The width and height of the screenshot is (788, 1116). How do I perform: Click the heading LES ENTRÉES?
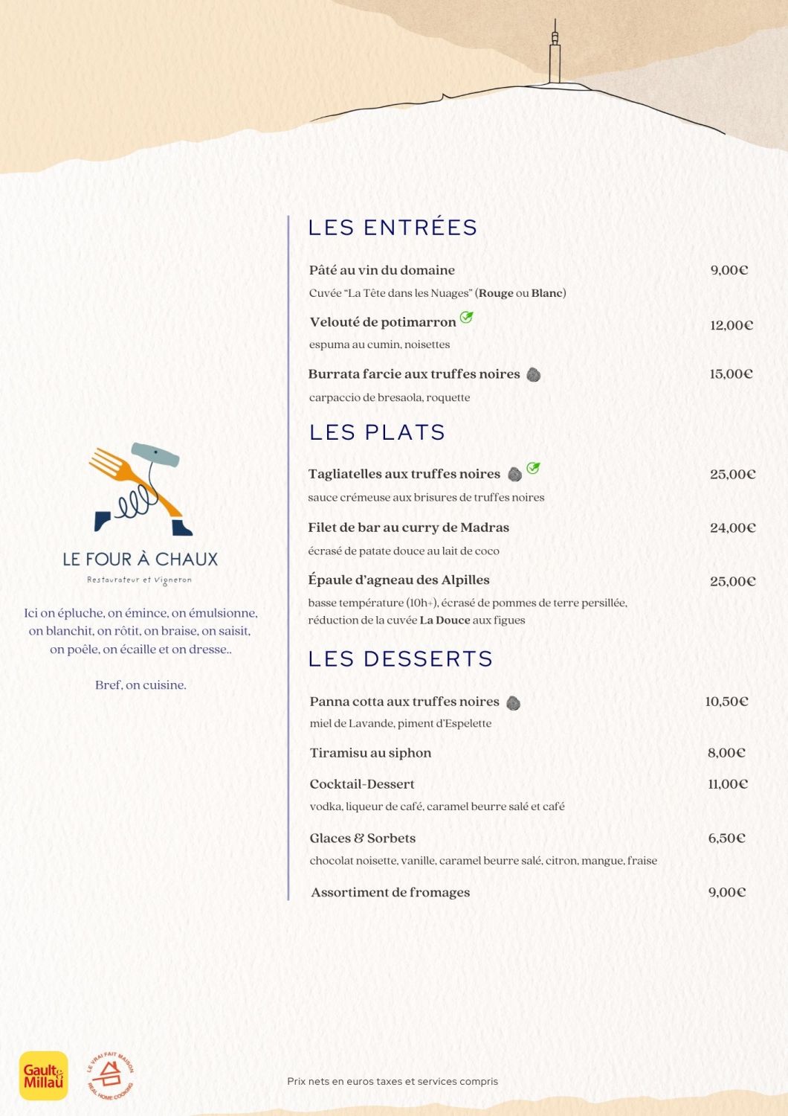393,228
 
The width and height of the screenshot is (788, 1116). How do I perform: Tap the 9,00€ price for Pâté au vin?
729,270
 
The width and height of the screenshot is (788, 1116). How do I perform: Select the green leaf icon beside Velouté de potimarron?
466,318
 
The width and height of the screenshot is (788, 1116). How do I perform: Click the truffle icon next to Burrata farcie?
533,375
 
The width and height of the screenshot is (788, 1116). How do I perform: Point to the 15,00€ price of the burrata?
731,374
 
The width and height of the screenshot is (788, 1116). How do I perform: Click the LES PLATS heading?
377,432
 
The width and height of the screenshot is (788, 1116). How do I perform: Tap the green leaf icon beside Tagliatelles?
533,468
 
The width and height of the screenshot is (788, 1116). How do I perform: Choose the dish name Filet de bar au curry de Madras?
409,527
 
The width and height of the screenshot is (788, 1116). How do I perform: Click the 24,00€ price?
732,528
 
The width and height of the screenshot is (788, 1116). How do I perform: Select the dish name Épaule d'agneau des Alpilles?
398,580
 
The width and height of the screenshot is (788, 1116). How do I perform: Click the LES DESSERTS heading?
401,659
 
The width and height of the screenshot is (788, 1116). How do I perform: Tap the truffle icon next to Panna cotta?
513,702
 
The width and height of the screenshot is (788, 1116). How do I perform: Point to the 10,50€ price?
726,702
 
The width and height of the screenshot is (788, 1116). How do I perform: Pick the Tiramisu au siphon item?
370,753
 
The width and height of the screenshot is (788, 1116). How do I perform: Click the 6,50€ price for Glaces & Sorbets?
726,838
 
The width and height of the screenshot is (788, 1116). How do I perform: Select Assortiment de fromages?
390,893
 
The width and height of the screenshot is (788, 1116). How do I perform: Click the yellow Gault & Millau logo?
43,1076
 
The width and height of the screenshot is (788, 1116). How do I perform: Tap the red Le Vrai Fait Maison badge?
110,1076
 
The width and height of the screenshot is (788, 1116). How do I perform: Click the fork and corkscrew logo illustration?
140,490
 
